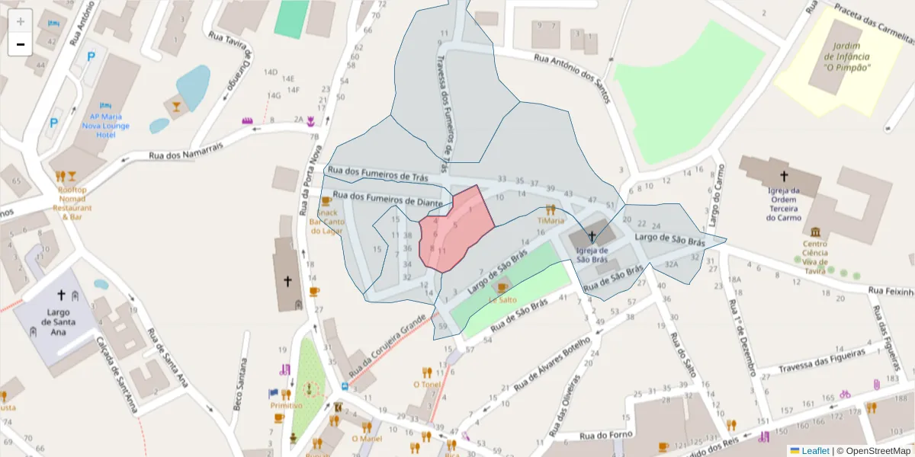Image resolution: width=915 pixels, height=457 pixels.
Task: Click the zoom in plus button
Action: pos(21,21)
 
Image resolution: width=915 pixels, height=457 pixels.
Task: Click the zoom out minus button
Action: pos(21,44)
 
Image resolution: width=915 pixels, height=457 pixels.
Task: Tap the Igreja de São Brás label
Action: pos(592,254)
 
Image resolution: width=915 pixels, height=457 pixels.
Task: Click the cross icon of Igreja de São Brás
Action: pos(592,236)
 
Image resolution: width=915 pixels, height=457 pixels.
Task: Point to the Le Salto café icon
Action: pos(502,286)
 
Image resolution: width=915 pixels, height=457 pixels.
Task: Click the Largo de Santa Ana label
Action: pos(59,321)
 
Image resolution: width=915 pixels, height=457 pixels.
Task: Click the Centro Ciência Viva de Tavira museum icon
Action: pos(816,232)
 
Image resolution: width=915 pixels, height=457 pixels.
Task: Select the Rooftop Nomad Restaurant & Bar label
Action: pos(72,203)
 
